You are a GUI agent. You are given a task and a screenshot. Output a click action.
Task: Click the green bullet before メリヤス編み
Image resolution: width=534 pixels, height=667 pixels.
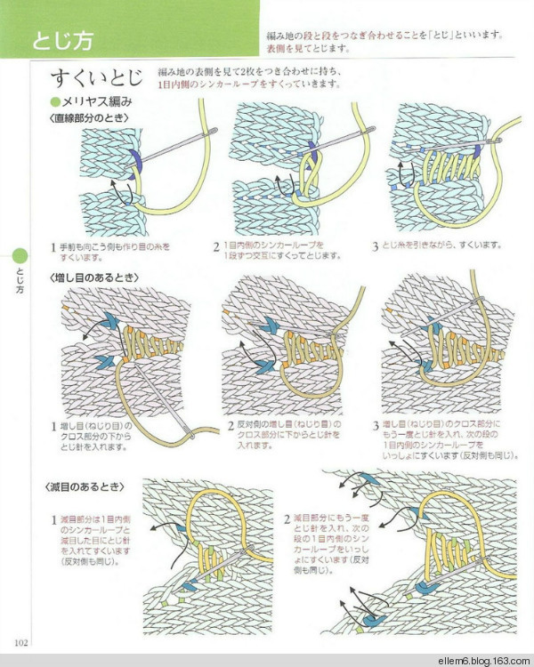pos(55,101)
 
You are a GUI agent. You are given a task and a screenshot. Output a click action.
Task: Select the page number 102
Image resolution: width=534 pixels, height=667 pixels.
pos(21,643)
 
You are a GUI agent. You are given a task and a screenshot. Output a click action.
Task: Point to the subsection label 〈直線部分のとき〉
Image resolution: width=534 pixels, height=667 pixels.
pos(88,117)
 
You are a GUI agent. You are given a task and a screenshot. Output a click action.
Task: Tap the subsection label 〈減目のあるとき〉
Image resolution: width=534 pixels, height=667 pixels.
pos(88,488)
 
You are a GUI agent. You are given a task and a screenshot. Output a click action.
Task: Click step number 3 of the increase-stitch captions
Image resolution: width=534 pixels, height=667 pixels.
pos(376,425)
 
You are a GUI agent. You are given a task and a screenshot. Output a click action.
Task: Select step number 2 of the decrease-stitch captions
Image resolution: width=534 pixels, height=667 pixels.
pos(287,518)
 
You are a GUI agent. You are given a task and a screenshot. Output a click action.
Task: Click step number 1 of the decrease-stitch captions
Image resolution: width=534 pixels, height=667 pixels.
pos(53,518)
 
